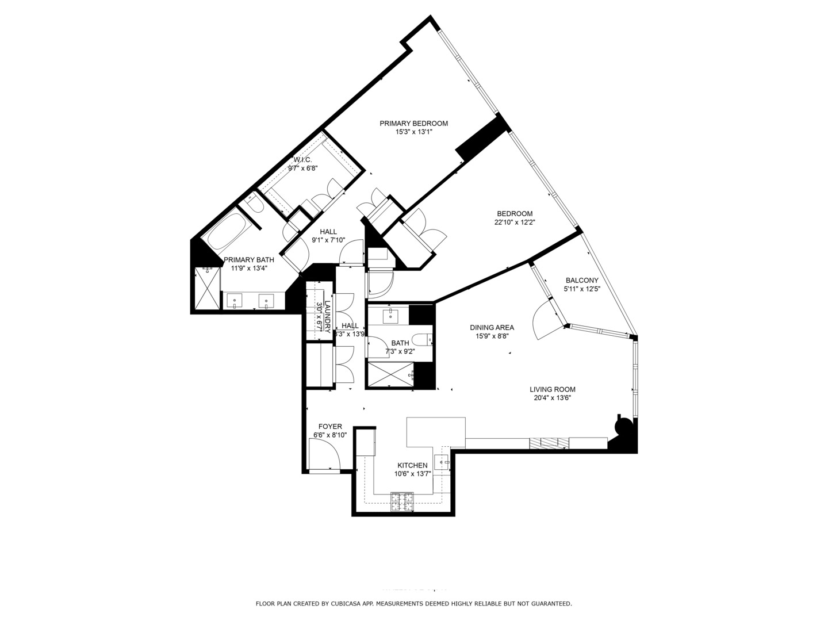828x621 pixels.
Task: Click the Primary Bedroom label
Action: (x=413, y=123)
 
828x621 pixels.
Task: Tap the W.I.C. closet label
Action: (x=302, y=160)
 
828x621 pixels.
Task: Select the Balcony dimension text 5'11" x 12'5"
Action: (x=582, y=289)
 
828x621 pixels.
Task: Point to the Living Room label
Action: (x=552, y=389)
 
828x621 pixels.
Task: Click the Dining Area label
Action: (x=492, y=328)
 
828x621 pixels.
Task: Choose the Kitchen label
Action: (x=412, y=465)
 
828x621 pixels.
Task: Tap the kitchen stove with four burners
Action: (x=402, y=501)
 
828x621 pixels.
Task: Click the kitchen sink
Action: (x=442, y=460)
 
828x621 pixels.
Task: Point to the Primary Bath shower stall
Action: (x=207, y=289)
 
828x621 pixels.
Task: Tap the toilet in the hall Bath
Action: (x=424, y=339)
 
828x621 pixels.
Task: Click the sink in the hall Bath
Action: (x=390, y=315)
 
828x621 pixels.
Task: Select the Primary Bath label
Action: (x=245, y=259)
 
